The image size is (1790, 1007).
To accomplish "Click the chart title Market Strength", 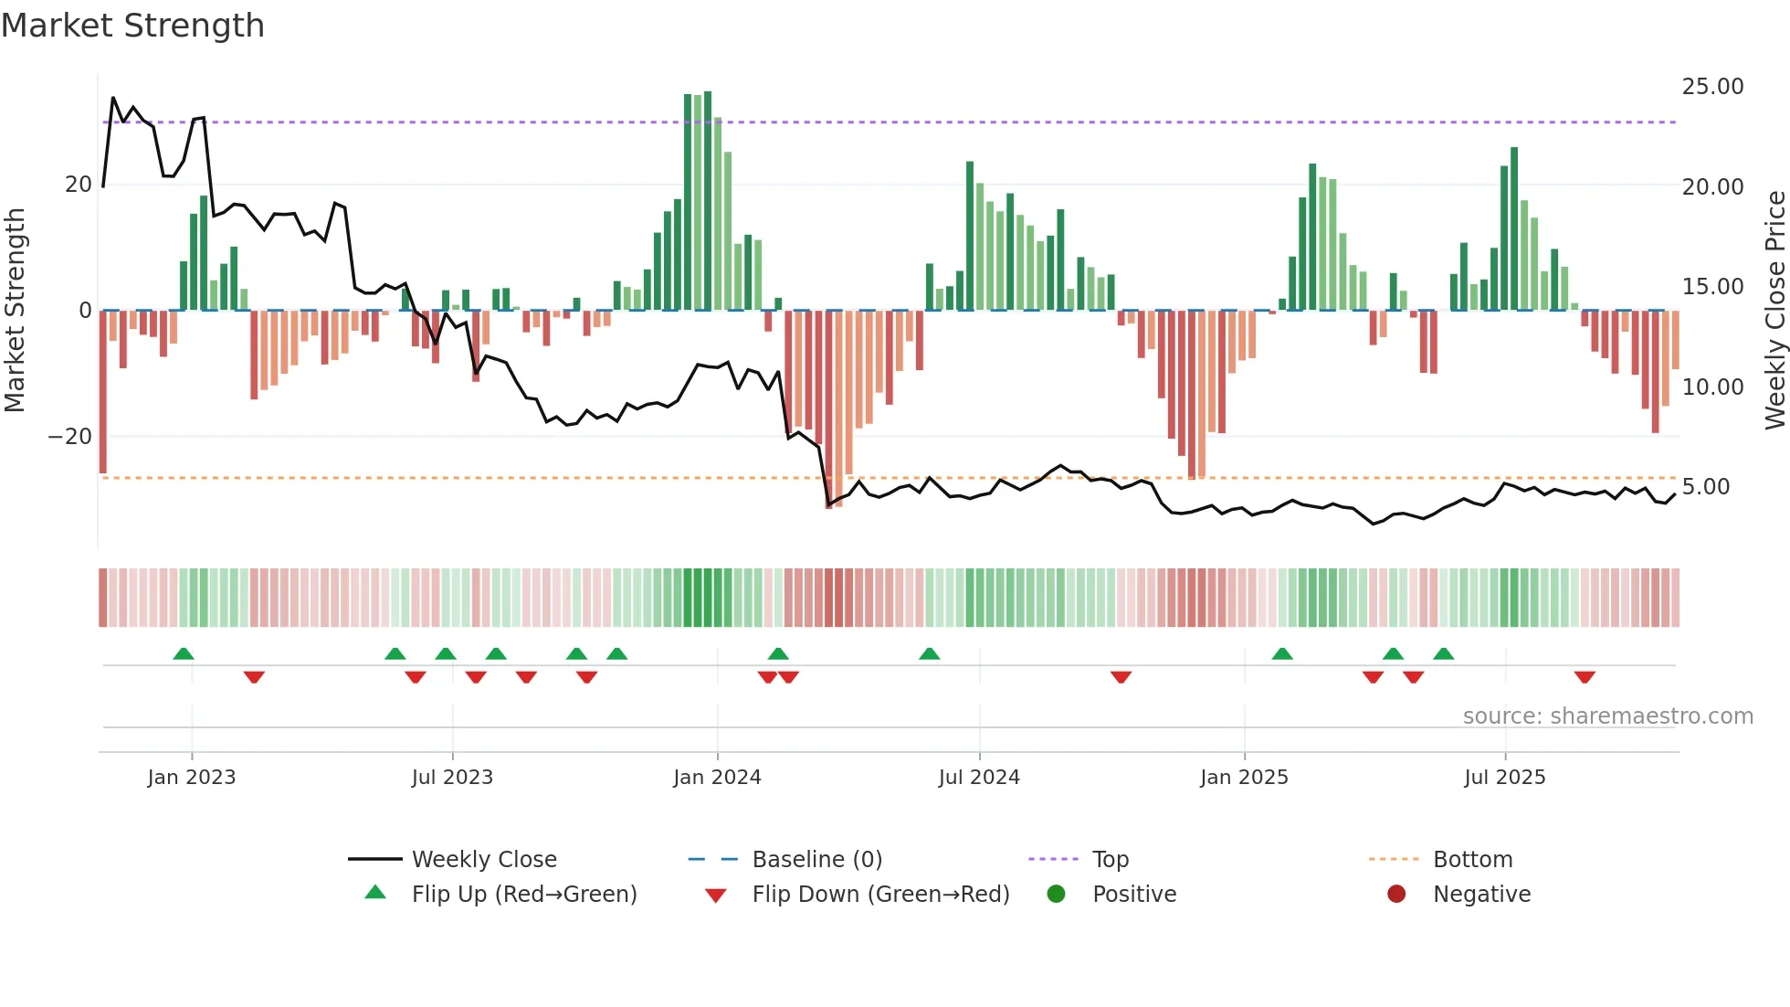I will [132, 26].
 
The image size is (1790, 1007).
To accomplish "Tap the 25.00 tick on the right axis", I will [1712, 87].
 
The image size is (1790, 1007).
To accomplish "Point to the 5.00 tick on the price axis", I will [1706, 487].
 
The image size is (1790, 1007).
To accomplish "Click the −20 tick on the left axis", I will [70, 437].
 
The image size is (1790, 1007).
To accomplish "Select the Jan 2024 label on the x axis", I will [717, 778].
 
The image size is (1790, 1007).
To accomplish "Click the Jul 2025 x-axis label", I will [1504, 778].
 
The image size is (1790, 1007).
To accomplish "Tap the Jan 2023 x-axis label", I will [191, 778].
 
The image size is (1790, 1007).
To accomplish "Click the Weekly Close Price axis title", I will [1774, 311].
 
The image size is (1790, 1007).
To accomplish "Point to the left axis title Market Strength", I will [15, 311].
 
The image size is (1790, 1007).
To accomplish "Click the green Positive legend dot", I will [1056, 895].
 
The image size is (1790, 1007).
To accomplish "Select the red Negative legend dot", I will [1396, 895].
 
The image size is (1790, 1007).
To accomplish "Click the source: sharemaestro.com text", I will [1607, 716].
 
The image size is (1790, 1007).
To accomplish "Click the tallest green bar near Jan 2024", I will [708, 201].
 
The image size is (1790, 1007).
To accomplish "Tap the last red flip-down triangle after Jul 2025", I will [1585, 677].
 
